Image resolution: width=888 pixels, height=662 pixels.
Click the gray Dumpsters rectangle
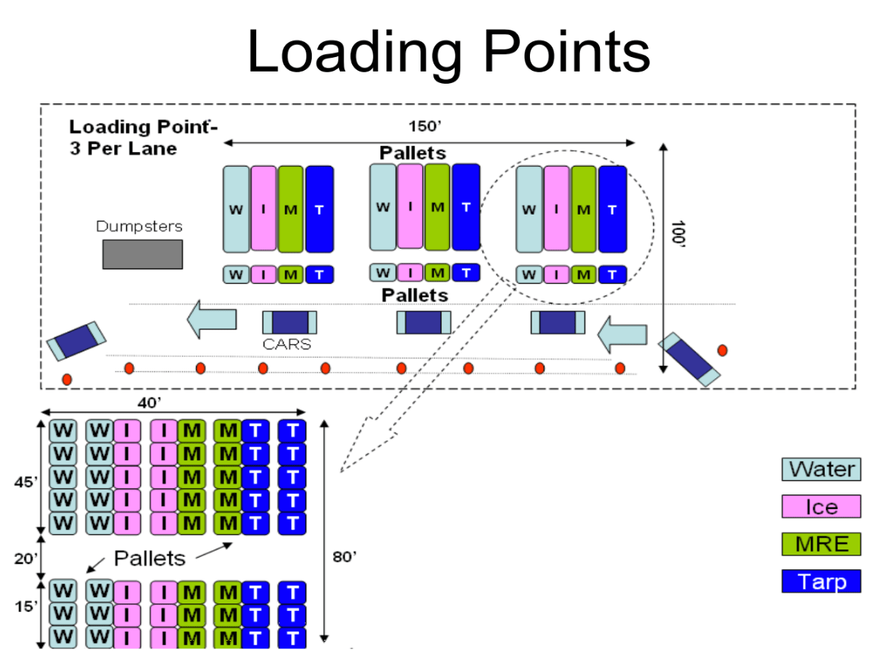click(143, 254)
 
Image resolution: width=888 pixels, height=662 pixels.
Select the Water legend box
click(821, 469)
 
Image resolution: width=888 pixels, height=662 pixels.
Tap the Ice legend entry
click(821, 507)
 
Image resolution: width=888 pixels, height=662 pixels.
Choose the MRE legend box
click(821, 544)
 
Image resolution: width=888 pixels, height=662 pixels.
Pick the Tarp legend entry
click(821, 581)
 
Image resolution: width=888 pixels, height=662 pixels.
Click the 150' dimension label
click(425, 126)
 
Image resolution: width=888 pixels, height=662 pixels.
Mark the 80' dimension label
click(344, 556)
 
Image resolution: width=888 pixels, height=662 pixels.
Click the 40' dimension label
click(150, 403)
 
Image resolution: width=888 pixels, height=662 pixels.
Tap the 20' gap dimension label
click(26, 559)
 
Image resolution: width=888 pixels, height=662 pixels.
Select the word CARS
click(287, 344)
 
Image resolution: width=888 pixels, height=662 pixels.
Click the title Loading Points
click(449, 52)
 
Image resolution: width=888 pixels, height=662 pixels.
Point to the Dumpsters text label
click(139, 226)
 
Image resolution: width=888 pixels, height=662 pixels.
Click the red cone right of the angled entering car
click(722, 350)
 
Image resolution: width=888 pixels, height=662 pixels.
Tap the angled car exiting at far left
click(77, 341)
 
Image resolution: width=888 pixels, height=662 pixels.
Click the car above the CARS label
click(290, 323)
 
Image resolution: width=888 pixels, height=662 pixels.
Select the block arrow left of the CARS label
click(212, 319)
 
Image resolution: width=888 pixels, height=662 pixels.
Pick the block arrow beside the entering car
click(623, 334)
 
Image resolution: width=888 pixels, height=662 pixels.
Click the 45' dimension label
click(26, 482)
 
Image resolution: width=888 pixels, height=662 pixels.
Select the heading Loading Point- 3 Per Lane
click(143, 138)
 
